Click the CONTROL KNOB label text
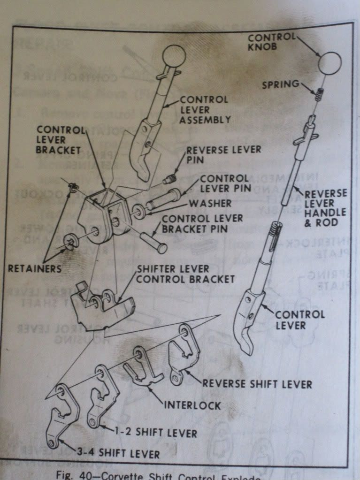(272, 41)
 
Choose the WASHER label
(211, 204)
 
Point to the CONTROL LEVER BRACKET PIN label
(202, 223)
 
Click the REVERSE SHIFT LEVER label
(257, 384)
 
